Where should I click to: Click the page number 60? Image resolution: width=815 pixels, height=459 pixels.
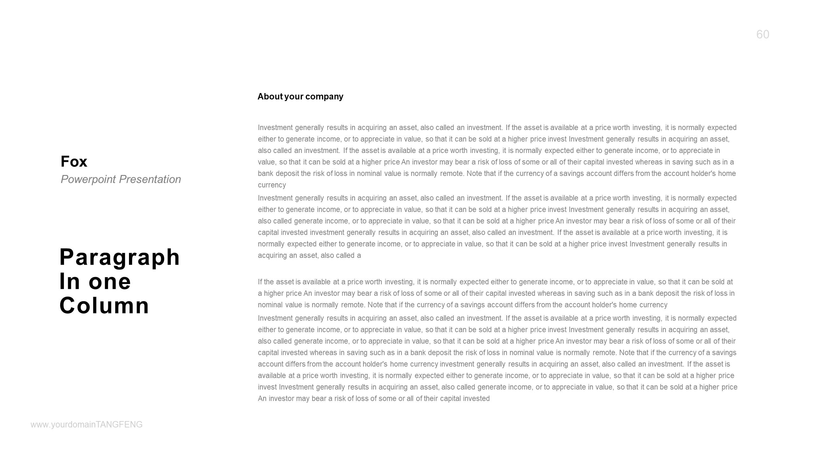pyautogui.click(x=762, y=34)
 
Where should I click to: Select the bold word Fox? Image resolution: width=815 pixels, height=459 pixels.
pyautogui.click(x=74, y=162)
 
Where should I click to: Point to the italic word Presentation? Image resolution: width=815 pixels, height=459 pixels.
pyautogui.click(x=150, y=179)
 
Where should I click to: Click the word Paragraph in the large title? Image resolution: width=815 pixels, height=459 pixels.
pyautogui.click(x=120, y=257)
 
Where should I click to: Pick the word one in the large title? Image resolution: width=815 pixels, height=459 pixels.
pyautogui.click(x=110, y=281)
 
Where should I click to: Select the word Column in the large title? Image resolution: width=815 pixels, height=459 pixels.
pyautogui.click(x=104, y=305)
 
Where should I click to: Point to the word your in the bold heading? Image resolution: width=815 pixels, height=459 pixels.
pyautogui.click(x=293, y=97)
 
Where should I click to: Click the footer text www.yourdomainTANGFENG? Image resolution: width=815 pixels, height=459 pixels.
pyautogui.click(x=87, y=425)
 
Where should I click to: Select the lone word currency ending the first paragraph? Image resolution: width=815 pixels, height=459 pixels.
pyautogui.click(x=272, y=185)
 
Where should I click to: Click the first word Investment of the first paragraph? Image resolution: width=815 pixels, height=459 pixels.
pyautogui.click(x=275, y=128)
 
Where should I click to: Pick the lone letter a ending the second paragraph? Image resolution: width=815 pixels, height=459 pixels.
pyautogui.click(x=359, y=256)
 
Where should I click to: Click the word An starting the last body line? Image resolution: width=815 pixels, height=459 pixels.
pyautogui.click(x=262, y=399)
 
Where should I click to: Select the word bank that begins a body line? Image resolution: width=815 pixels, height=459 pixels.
pyautogui.click(x=265, y=174)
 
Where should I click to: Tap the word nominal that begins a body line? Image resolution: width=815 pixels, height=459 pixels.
pyautogui.click(x=270, y=305)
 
